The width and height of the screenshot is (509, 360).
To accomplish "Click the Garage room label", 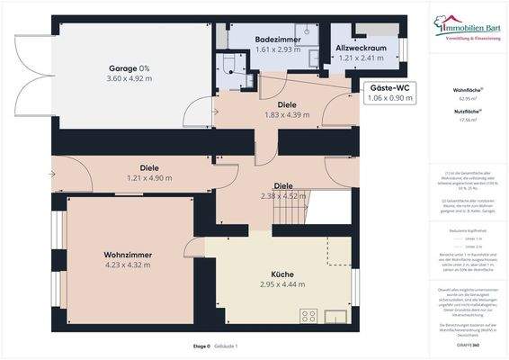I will (x=129, y=68).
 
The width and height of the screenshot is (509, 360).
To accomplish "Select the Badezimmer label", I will (x=275, y=40).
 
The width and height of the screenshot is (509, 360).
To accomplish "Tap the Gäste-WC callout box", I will (x=388, y=92).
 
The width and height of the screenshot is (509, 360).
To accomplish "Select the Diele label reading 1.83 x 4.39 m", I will (x=287, y=115).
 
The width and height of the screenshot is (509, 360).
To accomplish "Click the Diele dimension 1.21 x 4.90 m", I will (x=148, y=178).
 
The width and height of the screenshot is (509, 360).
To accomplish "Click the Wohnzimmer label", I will (x=127, y=256).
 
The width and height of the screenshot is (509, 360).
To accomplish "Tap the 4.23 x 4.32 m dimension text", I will (x=127, y=266).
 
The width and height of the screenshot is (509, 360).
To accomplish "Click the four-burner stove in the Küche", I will (x=308, y=316).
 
